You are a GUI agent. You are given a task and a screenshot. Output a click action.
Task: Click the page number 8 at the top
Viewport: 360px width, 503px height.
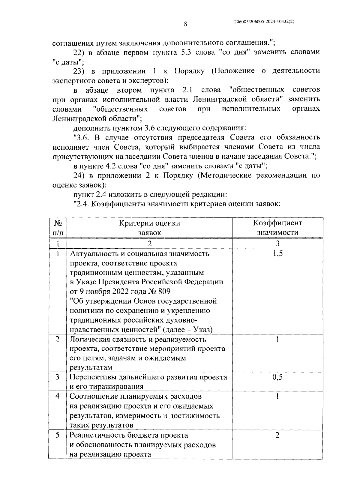tap(185, 24)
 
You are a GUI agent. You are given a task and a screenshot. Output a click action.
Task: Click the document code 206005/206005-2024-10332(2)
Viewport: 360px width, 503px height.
tap(264, 22)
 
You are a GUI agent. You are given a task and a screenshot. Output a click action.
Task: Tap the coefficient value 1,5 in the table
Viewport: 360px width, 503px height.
tap(277, 253)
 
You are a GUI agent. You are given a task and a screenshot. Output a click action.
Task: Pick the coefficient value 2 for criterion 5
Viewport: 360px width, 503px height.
tap(277, 435)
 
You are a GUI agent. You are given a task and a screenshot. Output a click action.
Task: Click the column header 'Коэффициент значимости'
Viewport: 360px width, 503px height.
tap(277, 228)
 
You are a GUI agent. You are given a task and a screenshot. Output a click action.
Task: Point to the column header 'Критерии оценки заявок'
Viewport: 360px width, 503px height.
tap(149, 228)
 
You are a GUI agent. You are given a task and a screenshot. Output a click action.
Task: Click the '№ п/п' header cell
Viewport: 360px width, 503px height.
tap(58, 228)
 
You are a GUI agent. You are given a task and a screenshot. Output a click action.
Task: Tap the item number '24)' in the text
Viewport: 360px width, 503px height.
tap(80, 175)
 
